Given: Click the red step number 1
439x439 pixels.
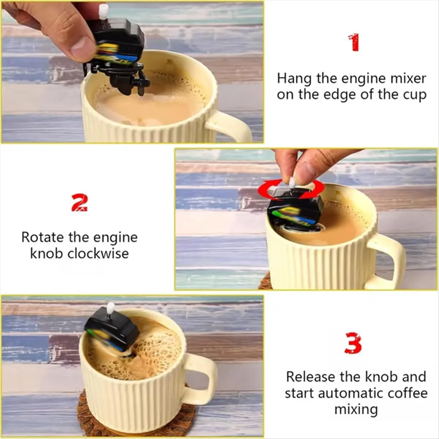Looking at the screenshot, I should point(354,42).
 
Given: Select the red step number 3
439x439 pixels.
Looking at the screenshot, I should point(353,343).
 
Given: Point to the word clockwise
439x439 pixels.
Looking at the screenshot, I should point(98,254).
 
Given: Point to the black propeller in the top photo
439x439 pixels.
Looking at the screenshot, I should point(140,82).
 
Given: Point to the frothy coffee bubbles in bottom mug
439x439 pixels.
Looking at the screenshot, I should point(157,348).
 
